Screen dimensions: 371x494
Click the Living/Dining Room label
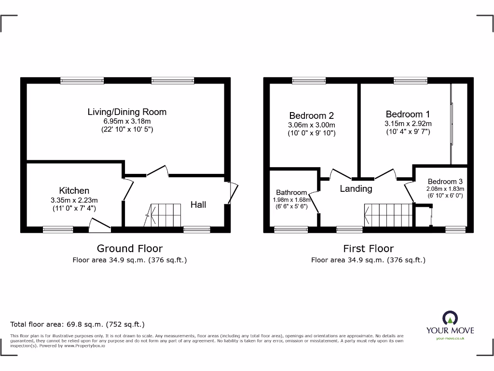click(x=127, y=112)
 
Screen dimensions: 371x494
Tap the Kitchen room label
click(x=74, y=190)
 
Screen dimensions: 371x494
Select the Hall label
click(x=198, y=205)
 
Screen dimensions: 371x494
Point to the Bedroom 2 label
click(x=311, y=115)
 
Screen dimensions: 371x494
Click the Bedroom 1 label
click(x=408, y=114)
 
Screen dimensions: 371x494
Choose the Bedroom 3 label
click(x=442, y=182)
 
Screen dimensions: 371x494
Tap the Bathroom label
click(x=291, y=192)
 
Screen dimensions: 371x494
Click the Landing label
click(x=356, y=189)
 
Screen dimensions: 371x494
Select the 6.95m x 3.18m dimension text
click(x=127, y=121)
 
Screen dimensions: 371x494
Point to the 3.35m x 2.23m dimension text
click(x=74, y=200)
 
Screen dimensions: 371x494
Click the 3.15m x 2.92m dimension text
click(x=408, y=123)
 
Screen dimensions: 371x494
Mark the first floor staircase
click(x=388, y=214)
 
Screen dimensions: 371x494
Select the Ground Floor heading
click(x=130, y=248)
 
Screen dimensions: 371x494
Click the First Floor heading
click(x=368, y=248)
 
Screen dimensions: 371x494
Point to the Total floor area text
click(x=77, y=325)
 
